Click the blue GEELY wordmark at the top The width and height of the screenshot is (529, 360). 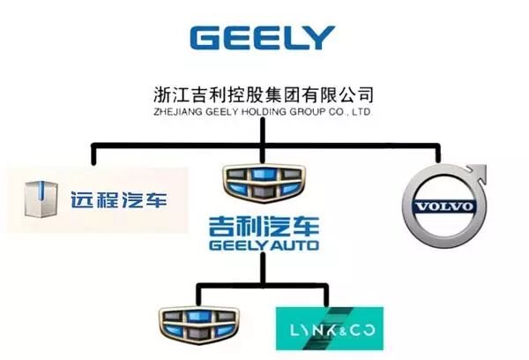[262, 38]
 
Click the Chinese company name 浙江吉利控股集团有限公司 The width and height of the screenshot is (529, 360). [264, 94]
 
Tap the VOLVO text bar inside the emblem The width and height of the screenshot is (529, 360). [438, 207]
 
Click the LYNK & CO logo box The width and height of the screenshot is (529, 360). [329, 327]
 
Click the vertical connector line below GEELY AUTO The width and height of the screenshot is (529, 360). [262, 268]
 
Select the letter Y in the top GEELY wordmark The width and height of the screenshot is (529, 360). [320, 38]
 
